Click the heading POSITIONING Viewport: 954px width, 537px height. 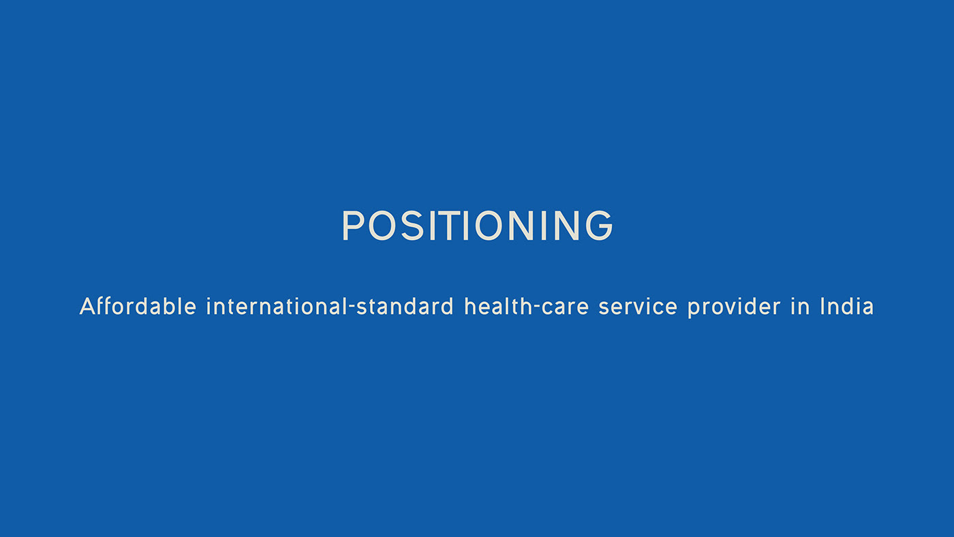(x=477, y=226)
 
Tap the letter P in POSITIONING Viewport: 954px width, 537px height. (x=354, y=226)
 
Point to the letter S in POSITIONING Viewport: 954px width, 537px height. (x=412, y=226)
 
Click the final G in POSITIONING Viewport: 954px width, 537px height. (x=599, y=226)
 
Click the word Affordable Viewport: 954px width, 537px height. (x=138, y=306)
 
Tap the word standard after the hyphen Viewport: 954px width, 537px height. (x=405, y=306)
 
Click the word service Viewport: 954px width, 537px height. (x=638, y=306)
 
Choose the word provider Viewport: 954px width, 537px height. (x=735, y=307)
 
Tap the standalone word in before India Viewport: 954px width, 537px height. (x=800, y=306)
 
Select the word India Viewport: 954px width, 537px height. (x=848, y=306)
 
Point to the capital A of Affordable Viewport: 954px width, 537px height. (x=87, y=306)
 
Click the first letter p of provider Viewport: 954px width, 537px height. (x=694, y=309)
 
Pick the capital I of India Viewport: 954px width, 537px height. (x=823, y=306)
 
